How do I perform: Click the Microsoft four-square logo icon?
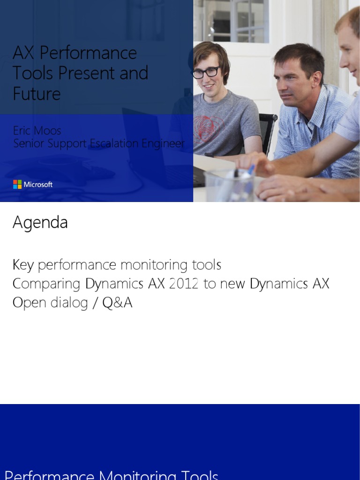[x=17, y=184]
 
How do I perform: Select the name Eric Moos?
[x=37, y=130]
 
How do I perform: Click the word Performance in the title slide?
[x=88, y=53]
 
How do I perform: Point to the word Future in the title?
[x=37, y=94]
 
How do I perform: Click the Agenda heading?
[x=40, y=223]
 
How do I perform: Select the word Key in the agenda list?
[x=23, y=265]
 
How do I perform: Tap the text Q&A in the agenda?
[x=117, y=303]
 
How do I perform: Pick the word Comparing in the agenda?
[x=47, y=284]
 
